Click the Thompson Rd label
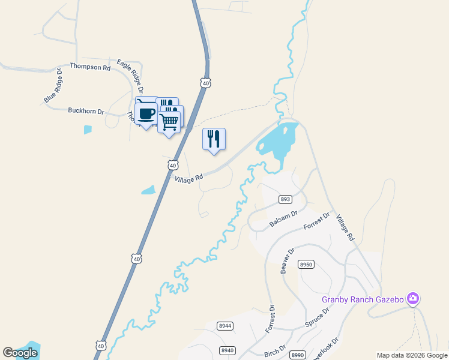pyautogui.click(x=90, y=67)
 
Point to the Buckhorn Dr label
pyautogui.click(x=86, y=111)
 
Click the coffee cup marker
pyautogui.click(x=146, y=113)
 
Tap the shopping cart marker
pyautogui.click(x=169, y=122)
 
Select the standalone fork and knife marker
pyautogui.click(x=214, y=140)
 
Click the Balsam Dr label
pyautogui.click(x=283, y=218)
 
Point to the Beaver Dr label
pyautogui.click(x=288, y=262)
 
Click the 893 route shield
pyautogui.click(x=285, y=199)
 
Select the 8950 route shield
pyautogui.click(x=306, y=265)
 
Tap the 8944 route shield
pyautogui.click(x=225, y=326)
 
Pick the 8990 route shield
pyautogui.click(x=298, y=355)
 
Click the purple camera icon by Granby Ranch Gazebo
pyautogui.click(x=412, y=298)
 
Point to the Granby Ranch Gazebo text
pyautogui.click(x=363, y=299)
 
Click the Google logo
pyautogui.click(x=20, y=353)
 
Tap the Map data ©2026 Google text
pyautogui.click(x=412, y=355)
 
